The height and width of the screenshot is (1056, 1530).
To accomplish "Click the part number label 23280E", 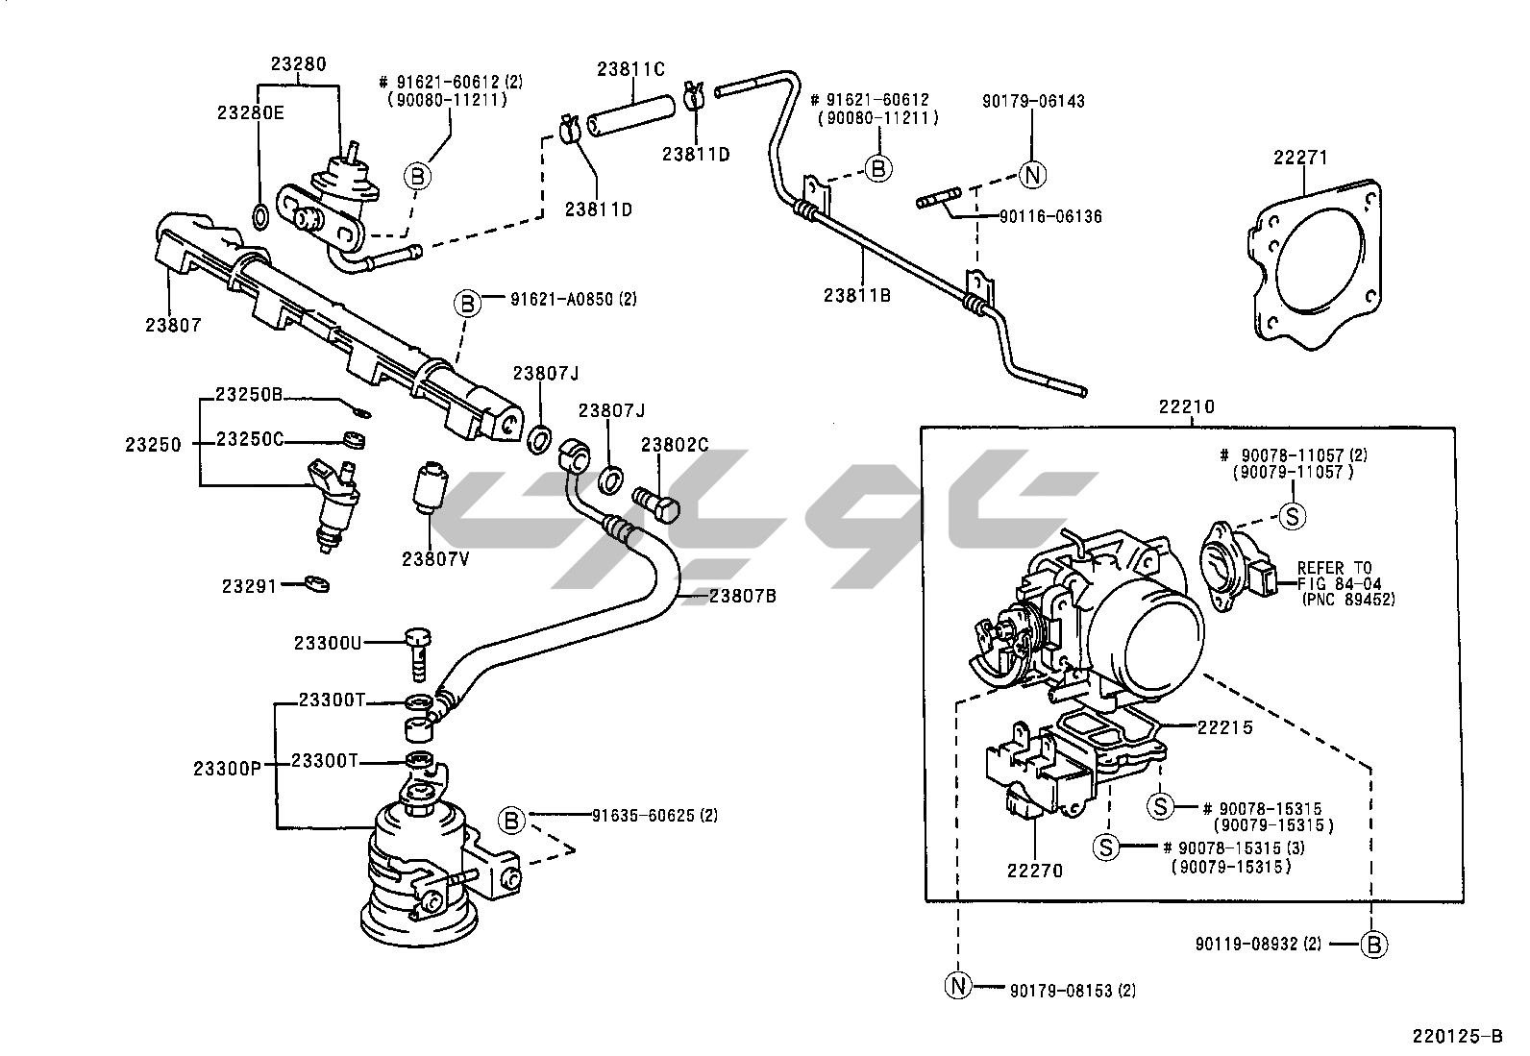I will click(x=250, y=112).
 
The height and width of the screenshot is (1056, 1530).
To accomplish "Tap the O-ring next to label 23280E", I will click(x=259, y=216).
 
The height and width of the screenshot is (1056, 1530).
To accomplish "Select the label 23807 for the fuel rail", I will click(x=174, y=325).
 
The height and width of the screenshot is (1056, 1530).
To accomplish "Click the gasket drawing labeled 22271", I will click(x=1317, y=259).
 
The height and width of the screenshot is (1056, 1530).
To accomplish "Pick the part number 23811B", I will click(x=857, y=295).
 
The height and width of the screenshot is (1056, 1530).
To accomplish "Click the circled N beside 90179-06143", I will click(x=1032, y=175).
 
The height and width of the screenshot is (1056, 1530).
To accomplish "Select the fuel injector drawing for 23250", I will click(x=333, y=504).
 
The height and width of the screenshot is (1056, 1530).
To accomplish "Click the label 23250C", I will click(x=250, y=440).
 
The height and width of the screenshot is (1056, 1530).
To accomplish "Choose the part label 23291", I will click(x=249, y=585).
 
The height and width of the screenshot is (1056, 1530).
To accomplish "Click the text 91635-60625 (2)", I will click(x=654, y=816).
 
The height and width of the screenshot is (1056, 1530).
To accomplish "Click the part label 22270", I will click(x=1034, y=872).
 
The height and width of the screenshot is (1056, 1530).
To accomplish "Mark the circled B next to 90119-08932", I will click(x=1375, y=945).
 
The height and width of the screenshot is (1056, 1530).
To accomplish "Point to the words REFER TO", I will click(x=1335, y=568).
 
